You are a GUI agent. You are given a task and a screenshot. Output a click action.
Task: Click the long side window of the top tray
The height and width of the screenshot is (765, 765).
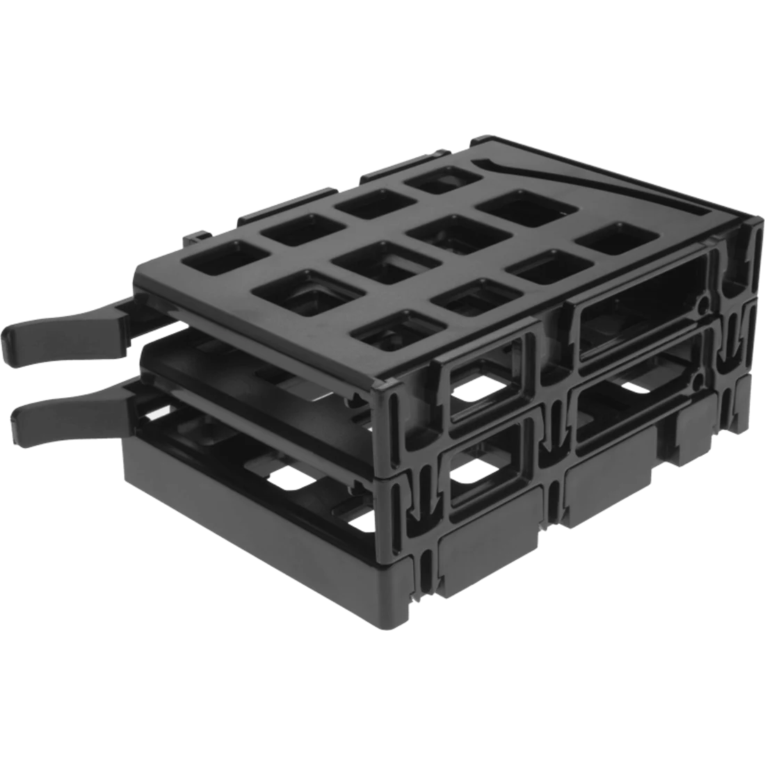click(640, 323)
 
